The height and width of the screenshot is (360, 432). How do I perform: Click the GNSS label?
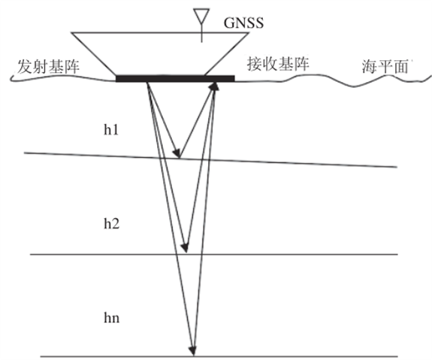pyautogui.click(x=243, y=23)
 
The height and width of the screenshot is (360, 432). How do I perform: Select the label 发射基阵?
pyautogui.click(x=48, y=67)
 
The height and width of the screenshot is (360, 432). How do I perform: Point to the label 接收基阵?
pyautogui.click(x=278, y=64)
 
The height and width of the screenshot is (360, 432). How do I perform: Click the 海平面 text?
pyautogui.click(x=385, y=67)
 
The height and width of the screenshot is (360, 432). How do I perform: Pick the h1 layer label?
pyautogui.click(x=111, y=129)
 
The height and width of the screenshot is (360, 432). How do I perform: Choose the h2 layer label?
pyautogui.click(x=112, y=223)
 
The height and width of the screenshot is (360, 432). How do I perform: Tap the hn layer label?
pyautogui.click(x=112, y=318)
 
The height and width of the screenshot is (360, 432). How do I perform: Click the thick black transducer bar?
pyautogui.click(x=175, y=79)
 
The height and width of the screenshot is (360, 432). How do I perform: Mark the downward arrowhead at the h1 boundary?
pyautogui.click(x=177, y=153)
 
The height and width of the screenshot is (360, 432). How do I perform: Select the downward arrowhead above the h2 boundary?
pyautogui.click(x=184, y=247)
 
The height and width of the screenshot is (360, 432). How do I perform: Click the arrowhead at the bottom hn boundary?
pyautogui.click(x=193, y=351)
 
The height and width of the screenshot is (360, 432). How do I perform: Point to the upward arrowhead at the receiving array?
pyautogui.click(x=214, y=86)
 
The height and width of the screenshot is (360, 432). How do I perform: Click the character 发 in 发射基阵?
pyautogui.click(x=25, y=67)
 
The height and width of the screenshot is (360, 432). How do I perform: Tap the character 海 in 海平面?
pyautogui.click(x=370, y=67)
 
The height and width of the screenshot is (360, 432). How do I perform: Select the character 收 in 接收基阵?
pyautogui.click(x=270, y=64)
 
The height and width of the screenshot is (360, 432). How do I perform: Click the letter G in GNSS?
pyautogui.click(x=228, y=23)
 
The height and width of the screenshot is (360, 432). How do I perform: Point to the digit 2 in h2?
pyautogui.click(x=116, y=224)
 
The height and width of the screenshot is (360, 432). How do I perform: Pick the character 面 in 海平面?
pyautogui.click(x=400, y=67)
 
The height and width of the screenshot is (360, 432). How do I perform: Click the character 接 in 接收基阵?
pyautogui.click(x=254, y=64)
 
